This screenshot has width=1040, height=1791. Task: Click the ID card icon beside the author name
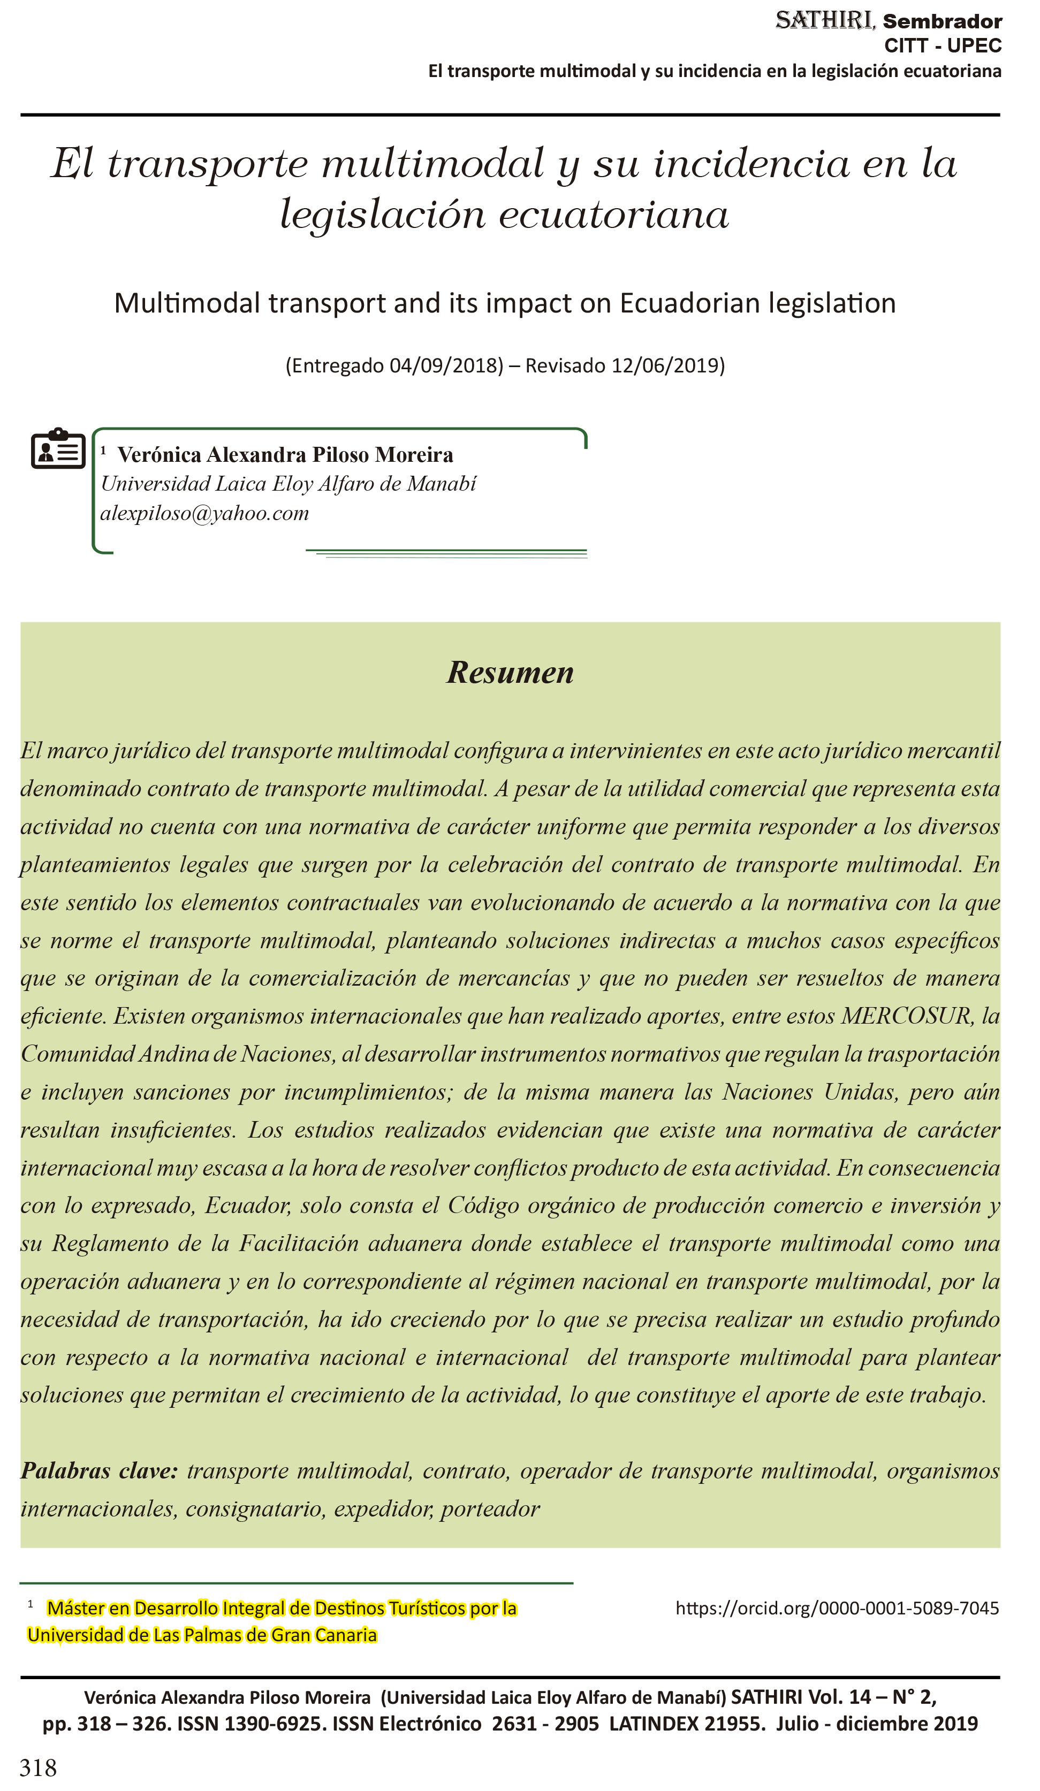(x=58, y=449)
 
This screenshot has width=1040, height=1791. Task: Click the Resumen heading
(x=510, y=672)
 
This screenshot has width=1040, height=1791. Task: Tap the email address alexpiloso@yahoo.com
(x=204, y=513)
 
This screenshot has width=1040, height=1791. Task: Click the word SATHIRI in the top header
(x=824, y=21)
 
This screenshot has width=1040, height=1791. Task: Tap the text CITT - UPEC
(x=943, y=46)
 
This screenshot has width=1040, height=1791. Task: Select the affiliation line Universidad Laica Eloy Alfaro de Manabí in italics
(x=288, y=484)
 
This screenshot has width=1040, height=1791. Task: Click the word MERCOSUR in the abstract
(x=906, y=1016)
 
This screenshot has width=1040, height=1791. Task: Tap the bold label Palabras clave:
(x=99, y=1470)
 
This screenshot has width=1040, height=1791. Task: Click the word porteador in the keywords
(x=490, y=1508)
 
